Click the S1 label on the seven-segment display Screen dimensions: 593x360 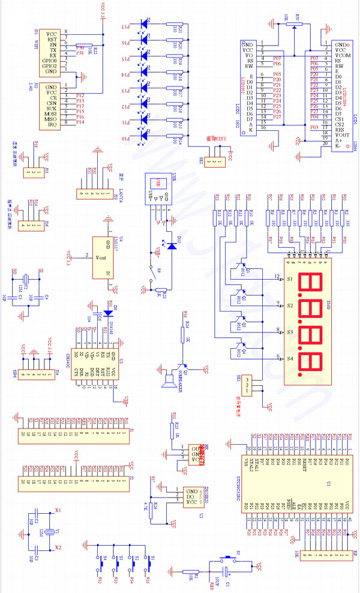289,280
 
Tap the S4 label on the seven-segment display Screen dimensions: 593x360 289,358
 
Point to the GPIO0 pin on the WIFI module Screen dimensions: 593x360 49,61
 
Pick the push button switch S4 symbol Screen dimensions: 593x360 98,565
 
